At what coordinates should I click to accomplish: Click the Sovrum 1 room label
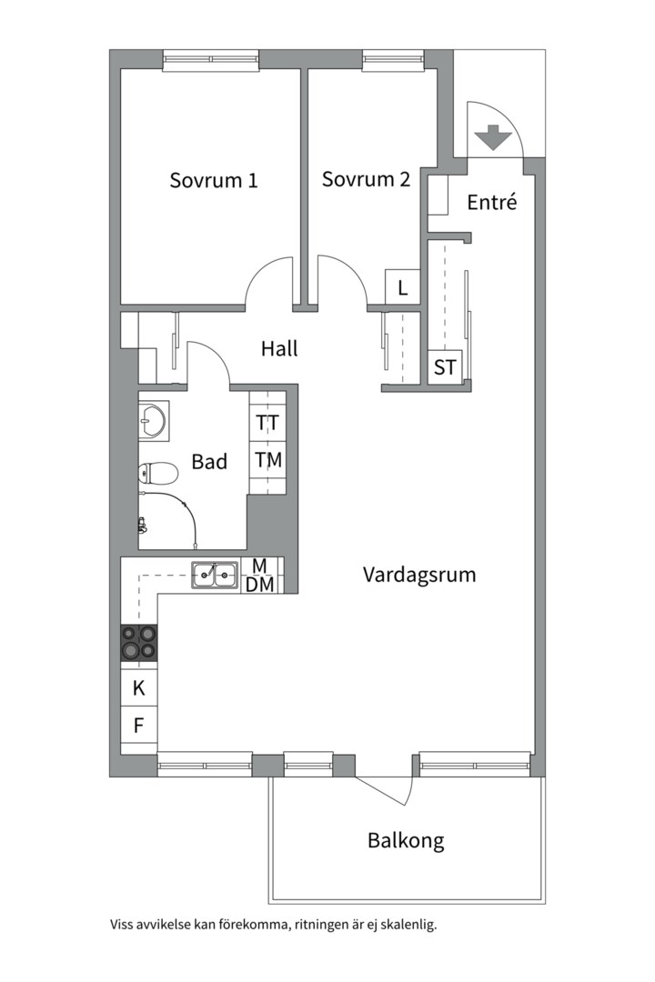tap(214, 180)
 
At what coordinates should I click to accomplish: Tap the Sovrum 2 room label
tap(366, 179)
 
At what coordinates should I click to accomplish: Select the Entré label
tap(493, 202)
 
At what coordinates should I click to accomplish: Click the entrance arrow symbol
tap(494, 137)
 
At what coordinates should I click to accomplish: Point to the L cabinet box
tap(402, 287)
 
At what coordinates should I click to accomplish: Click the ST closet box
tap(445, 366)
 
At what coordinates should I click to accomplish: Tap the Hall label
tap(279, 348)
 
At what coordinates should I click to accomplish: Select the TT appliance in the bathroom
tap(268, 422)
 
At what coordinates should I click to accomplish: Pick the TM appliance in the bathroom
tap(268, 460)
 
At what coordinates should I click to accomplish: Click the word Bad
tap(209, 462)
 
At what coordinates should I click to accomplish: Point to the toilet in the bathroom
tap(158, 474)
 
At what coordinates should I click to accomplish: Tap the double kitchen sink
tap(215, 575)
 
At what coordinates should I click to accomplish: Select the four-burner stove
tap(139, 643)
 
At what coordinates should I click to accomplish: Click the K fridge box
tap(139, 687)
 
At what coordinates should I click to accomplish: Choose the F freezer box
tap(139, 726)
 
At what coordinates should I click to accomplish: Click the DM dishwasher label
tap(259, 585)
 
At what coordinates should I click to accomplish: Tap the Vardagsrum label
tap(419, 575)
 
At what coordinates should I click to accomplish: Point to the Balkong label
tap(406, 840)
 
